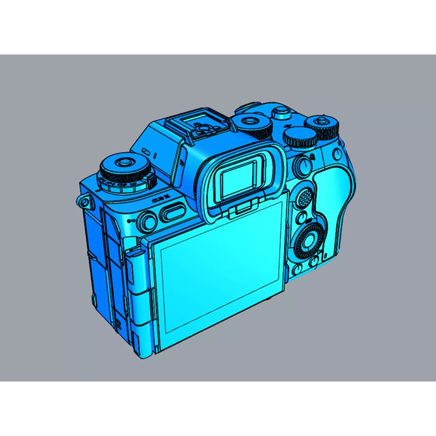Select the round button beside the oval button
(x=147, y=221)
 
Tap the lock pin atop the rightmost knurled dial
(x=322, y=119)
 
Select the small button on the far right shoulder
(x=337, y=154)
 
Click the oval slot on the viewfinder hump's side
(x=147, y=152)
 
